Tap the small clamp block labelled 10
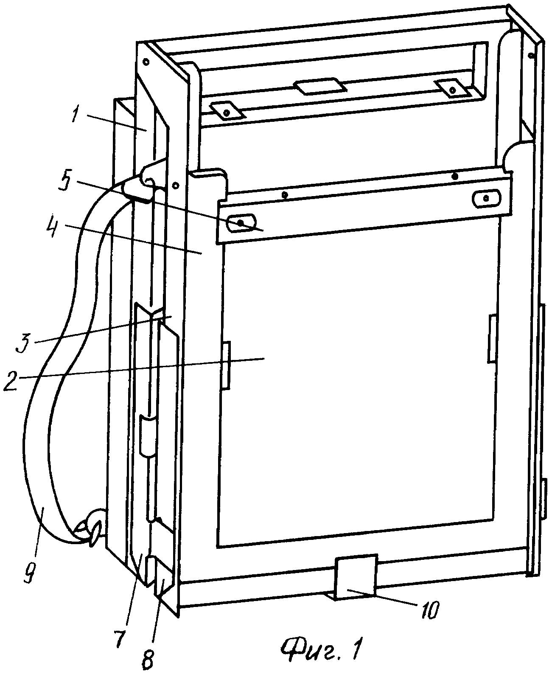point(356,576)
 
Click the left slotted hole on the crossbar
point(241,222)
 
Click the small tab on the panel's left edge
point(226,365)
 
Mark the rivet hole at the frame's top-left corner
point(146,61)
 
